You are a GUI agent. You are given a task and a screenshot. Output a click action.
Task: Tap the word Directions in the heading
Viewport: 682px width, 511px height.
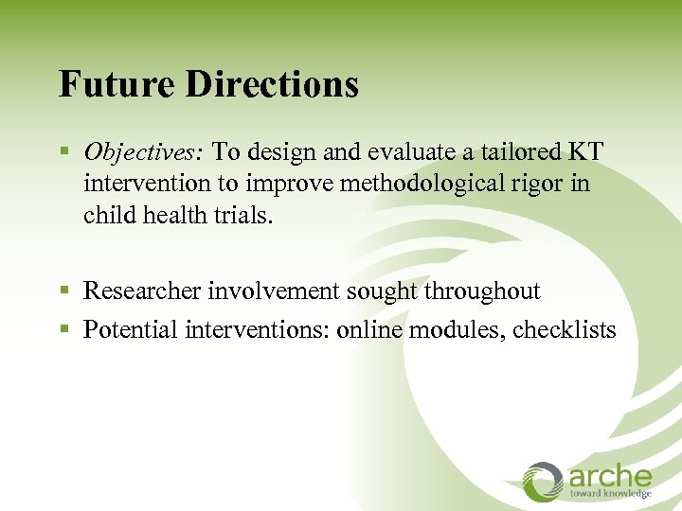tap(273, 83)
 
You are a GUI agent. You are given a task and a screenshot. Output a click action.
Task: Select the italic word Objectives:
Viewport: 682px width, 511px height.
tap(143, 152)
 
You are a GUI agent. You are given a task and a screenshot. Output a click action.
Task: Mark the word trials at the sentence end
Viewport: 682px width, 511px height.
tap(242, 214)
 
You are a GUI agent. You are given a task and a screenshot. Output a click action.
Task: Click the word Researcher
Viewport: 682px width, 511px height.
tap(142, 291)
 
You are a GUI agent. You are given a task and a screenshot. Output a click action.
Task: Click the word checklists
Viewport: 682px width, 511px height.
tap(565, 329)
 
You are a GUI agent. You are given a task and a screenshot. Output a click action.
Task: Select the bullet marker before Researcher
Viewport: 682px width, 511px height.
tap(63, 291)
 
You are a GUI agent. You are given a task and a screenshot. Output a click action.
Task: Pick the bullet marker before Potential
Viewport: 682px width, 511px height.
tap(63, 330)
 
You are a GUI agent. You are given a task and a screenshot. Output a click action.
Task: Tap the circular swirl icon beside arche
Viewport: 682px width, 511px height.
tap(544, 481)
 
